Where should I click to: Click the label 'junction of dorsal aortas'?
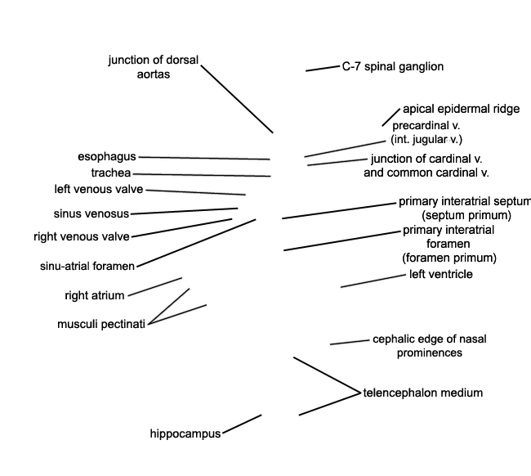pyautogui.click(x=153, y=67)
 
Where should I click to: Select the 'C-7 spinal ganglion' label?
pyautogui.click(x=392, y=66)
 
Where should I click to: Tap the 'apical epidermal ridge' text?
pyautogui.click(x=461, y=110)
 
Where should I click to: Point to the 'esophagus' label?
pyautogui.click(x=107, y=156)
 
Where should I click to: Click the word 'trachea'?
pyautogui.click(x=110, y=173)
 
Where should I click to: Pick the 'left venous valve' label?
pyautogui.click(x=99, y=190)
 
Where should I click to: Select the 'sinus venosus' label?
pyautogui.click(x=91, y=214)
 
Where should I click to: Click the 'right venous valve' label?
pyautogui.click(x=82, y=237)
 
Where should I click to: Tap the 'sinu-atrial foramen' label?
pyautogui.click(x=87, y=266)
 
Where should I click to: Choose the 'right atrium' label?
pyautogui.click(x=95, y=295)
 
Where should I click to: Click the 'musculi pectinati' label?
pyautogui.click(x=101, y=324)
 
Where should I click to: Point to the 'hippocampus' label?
pyautogui.click(x=185, y=433)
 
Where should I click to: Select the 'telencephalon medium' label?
pyautogui.click(x=423, y=393)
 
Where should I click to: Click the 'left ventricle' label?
pyautogui.click(x=440, y=274)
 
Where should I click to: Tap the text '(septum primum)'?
pyautogui.click(x=466, y=215)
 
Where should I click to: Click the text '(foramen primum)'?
pyautogui.click(x=449, y=258)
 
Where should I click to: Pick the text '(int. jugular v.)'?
pyautogui.click(x=426, y=140)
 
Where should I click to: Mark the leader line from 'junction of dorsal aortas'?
pyautogui.click(x=237, y=99)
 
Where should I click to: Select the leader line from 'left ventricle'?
pyautogui.click(x=373, y=281)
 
